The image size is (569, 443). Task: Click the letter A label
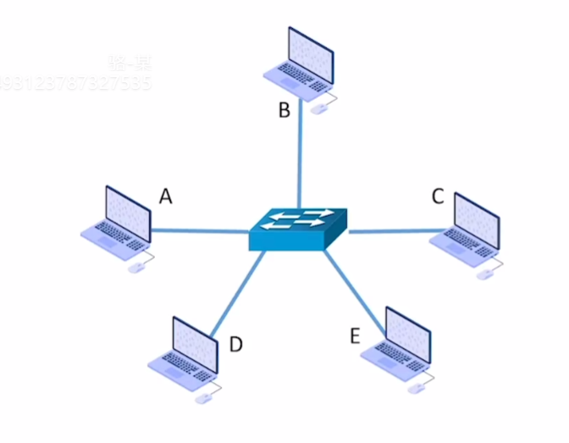[x=166, y=197]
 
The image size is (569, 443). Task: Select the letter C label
[x=438, y=197]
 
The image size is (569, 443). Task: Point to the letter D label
[x=236, y=344]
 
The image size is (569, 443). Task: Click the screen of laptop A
[x=127, y=208]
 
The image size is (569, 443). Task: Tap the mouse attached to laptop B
[x=319, y=108]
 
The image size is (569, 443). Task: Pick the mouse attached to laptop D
[x=204, y=398]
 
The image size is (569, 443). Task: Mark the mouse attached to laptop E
[x=417, y=388]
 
